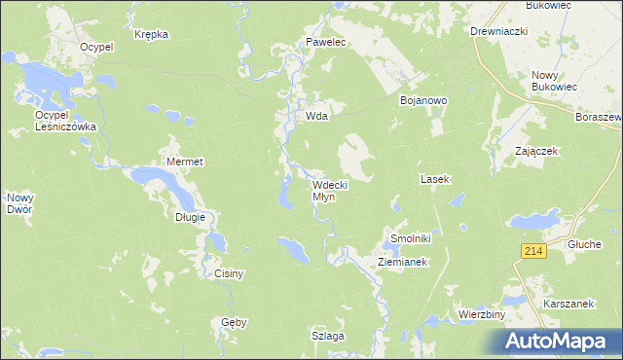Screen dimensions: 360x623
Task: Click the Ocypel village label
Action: (97, 46)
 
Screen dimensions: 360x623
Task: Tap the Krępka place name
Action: (152, 34)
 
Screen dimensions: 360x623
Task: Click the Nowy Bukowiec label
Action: (555, 82)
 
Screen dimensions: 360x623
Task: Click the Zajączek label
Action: (536, 152)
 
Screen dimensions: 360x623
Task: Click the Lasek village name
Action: (433, 180)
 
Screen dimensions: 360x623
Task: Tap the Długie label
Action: (190, 217)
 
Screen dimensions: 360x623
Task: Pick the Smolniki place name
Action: (410, 238)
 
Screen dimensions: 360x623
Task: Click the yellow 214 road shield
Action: (531, 251)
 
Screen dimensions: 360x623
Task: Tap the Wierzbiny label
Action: (480, 315)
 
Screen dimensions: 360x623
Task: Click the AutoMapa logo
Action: (559, 341)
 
